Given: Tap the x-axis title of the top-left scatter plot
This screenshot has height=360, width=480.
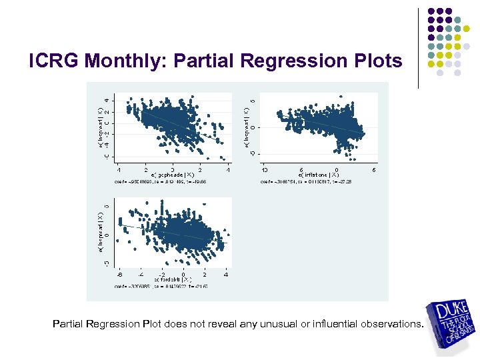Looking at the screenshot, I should pos(172,174).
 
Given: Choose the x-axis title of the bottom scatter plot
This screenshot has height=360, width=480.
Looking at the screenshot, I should pos(173,279).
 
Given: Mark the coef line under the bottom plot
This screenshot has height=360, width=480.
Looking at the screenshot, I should pos(172,286).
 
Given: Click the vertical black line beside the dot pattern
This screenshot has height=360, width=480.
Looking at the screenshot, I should pos(418,48).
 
